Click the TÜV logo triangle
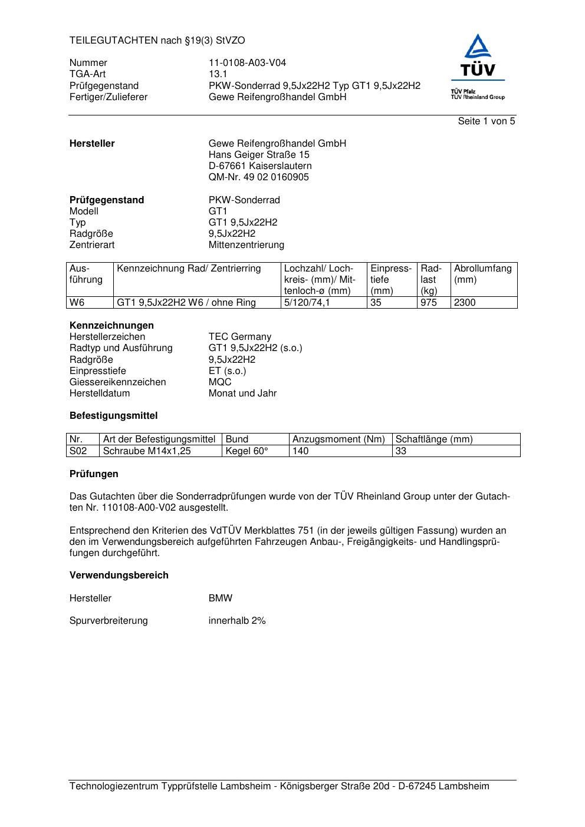tap(478, 47)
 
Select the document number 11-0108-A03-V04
tap(247, 63)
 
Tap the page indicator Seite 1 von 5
tap(486, 121)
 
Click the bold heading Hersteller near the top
tap(92, 144)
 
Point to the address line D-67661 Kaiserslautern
tap(260, 166)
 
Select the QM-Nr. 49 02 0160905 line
tap(258, 177)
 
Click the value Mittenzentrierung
tap(246, 245)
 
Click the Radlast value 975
tap(429, 303)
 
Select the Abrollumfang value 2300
tap(465, 303)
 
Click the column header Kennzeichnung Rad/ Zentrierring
tap(189, 269)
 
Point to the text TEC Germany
tap(239, 337)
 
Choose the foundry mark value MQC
tap(220, 382)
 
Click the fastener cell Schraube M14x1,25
tap(147, 451)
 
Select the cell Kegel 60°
tap(247, 451)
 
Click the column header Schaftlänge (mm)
tap(434, 439)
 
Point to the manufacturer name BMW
tap(221, 598)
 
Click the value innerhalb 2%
tap(237, 621)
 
